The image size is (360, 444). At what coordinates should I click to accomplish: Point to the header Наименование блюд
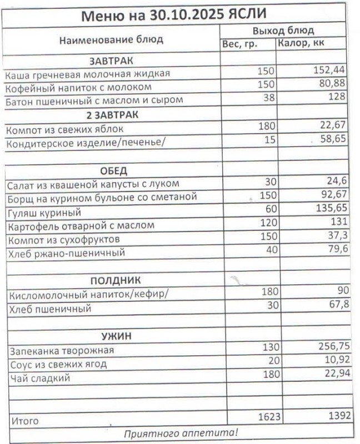(x=111, y=39)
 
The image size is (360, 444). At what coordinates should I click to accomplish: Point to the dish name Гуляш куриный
(x=44, y=213)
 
